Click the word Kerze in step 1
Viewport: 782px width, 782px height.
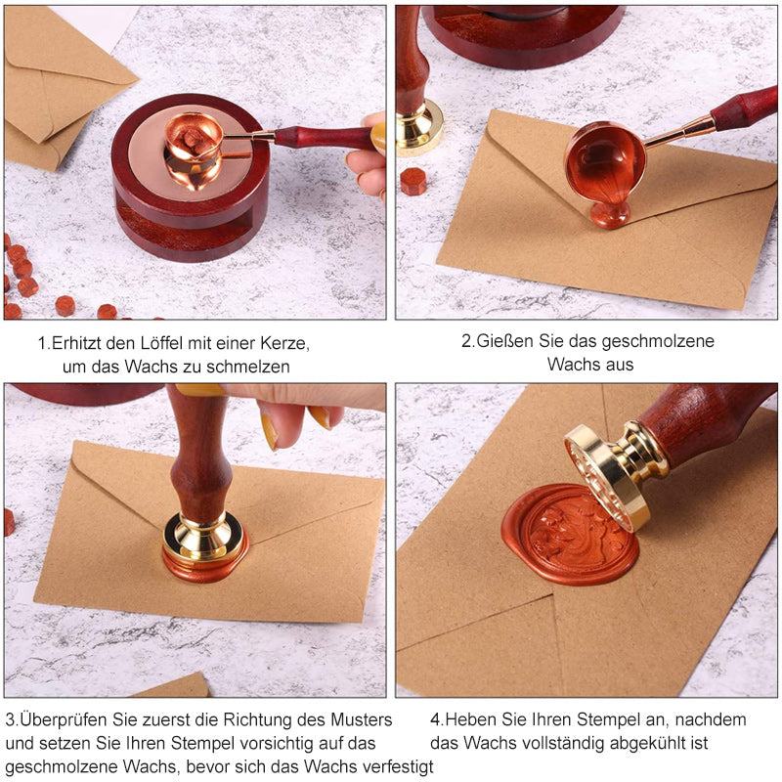(285, 343)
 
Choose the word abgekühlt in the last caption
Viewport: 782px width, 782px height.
(647, 743)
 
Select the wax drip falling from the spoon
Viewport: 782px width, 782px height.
(609, 213)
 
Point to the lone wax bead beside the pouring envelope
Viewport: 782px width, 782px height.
(413, 181)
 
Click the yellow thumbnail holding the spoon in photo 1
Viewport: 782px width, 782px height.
(378, 138)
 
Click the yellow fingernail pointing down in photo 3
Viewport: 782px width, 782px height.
(269, 432)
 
